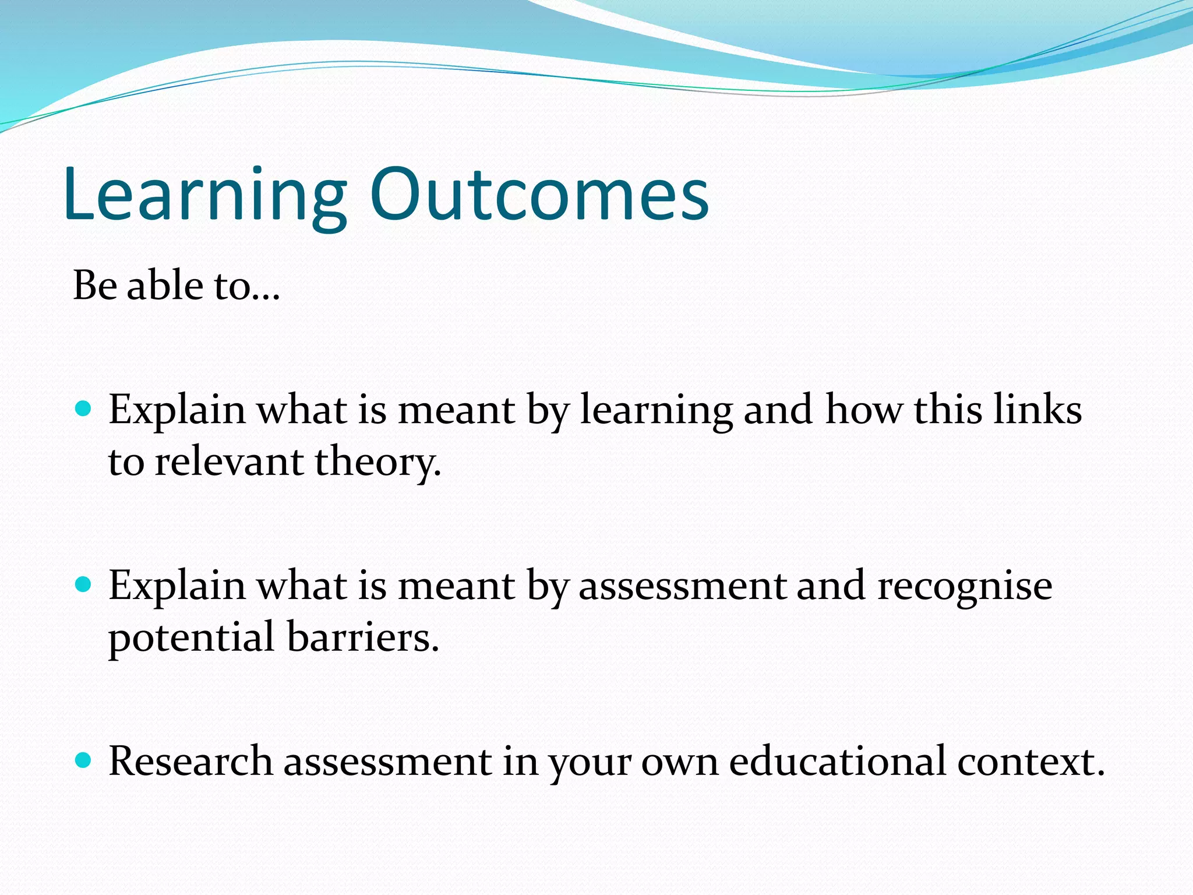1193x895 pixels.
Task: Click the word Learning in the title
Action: point(204,195)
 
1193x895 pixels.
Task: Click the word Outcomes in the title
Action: point(539,195)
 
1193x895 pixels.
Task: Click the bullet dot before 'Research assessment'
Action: point(84,760)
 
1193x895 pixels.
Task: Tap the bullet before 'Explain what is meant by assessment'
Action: point(84,584)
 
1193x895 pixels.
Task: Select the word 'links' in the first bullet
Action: point(1037,409)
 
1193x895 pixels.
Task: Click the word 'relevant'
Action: point(229,462)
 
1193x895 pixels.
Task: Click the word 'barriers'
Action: point(362,637)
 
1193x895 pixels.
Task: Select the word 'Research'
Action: point(190,761)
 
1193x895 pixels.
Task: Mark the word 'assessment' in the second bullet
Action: point(682,586)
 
